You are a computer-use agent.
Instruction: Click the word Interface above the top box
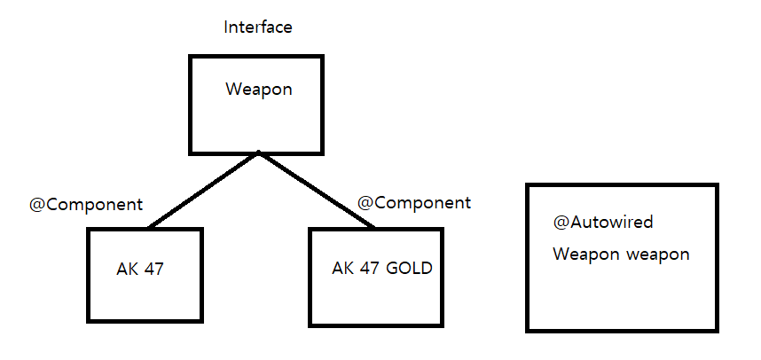[x=258, y=27]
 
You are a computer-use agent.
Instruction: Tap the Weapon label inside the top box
[x=258, y=90]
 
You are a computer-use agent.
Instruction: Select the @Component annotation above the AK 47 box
[x=86, y=204]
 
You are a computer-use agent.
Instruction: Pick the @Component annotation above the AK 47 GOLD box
[x=414, y=202]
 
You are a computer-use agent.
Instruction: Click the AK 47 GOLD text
[x=382, y=268]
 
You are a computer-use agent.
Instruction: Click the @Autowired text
[x=603, y=223]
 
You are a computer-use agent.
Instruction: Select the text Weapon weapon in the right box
[x=621, y=254]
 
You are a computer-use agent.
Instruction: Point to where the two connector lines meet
[x=258, y=153]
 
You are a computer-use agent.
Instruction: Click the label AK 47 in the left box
[x=141, y=269]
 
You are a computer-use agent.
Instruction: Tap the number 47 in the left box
[x=153, y=269]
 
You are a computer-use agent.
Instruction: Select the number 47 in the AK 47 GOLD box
[x=370, y=268]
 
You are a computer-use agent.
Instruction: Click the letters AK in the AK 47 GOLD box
[x=343, y=268]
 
